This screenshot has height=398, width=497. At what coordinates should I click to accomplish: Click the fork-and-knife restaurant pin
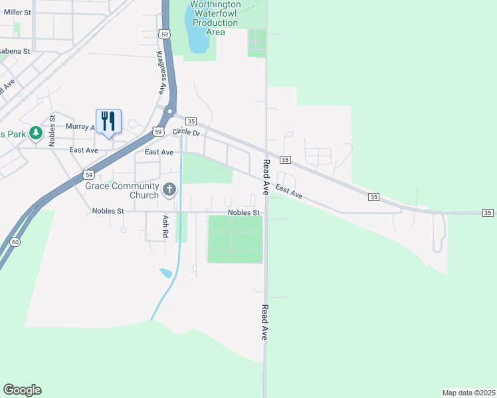tap(108, 121)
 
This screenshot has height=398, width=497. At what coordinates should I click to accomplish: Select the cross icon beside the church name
tap(169, 191)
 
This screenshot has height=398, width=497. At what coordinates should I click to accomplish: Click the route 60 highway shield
tap(15, 242)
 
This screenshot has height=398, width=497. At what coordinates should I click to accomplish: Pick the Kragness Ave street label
tap(161, 73)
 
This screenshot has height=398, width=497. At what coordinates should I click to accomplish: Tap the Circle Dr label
tap(186, 132)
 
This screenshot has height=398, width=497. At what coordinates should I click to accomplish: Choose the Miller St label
tap(17, 12)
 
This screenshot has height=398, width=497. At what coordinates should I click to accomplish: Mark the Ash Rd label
tap(165, 227)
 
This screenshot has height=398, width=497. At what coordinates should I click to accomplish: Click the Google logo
tap(22, 390)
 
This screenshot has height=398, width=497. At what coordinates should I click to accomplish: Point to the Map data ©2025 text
tap(468, 393)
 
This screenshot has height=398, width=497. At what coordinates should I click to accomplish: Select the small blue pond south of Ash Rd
tap(165, 273)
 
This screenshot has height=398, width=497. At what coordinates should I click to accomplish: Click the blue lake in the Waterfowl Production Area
tap(198, 36)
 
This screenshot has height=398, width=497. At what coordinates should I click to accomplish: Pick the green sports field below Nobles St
tap(235, 239)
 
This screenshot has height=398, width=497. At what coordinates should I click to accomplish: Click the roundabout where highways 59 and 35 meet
tap(171, 111)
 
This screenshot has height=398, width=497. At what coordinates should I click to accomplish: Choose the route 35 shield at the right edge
tap(488, 212)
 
